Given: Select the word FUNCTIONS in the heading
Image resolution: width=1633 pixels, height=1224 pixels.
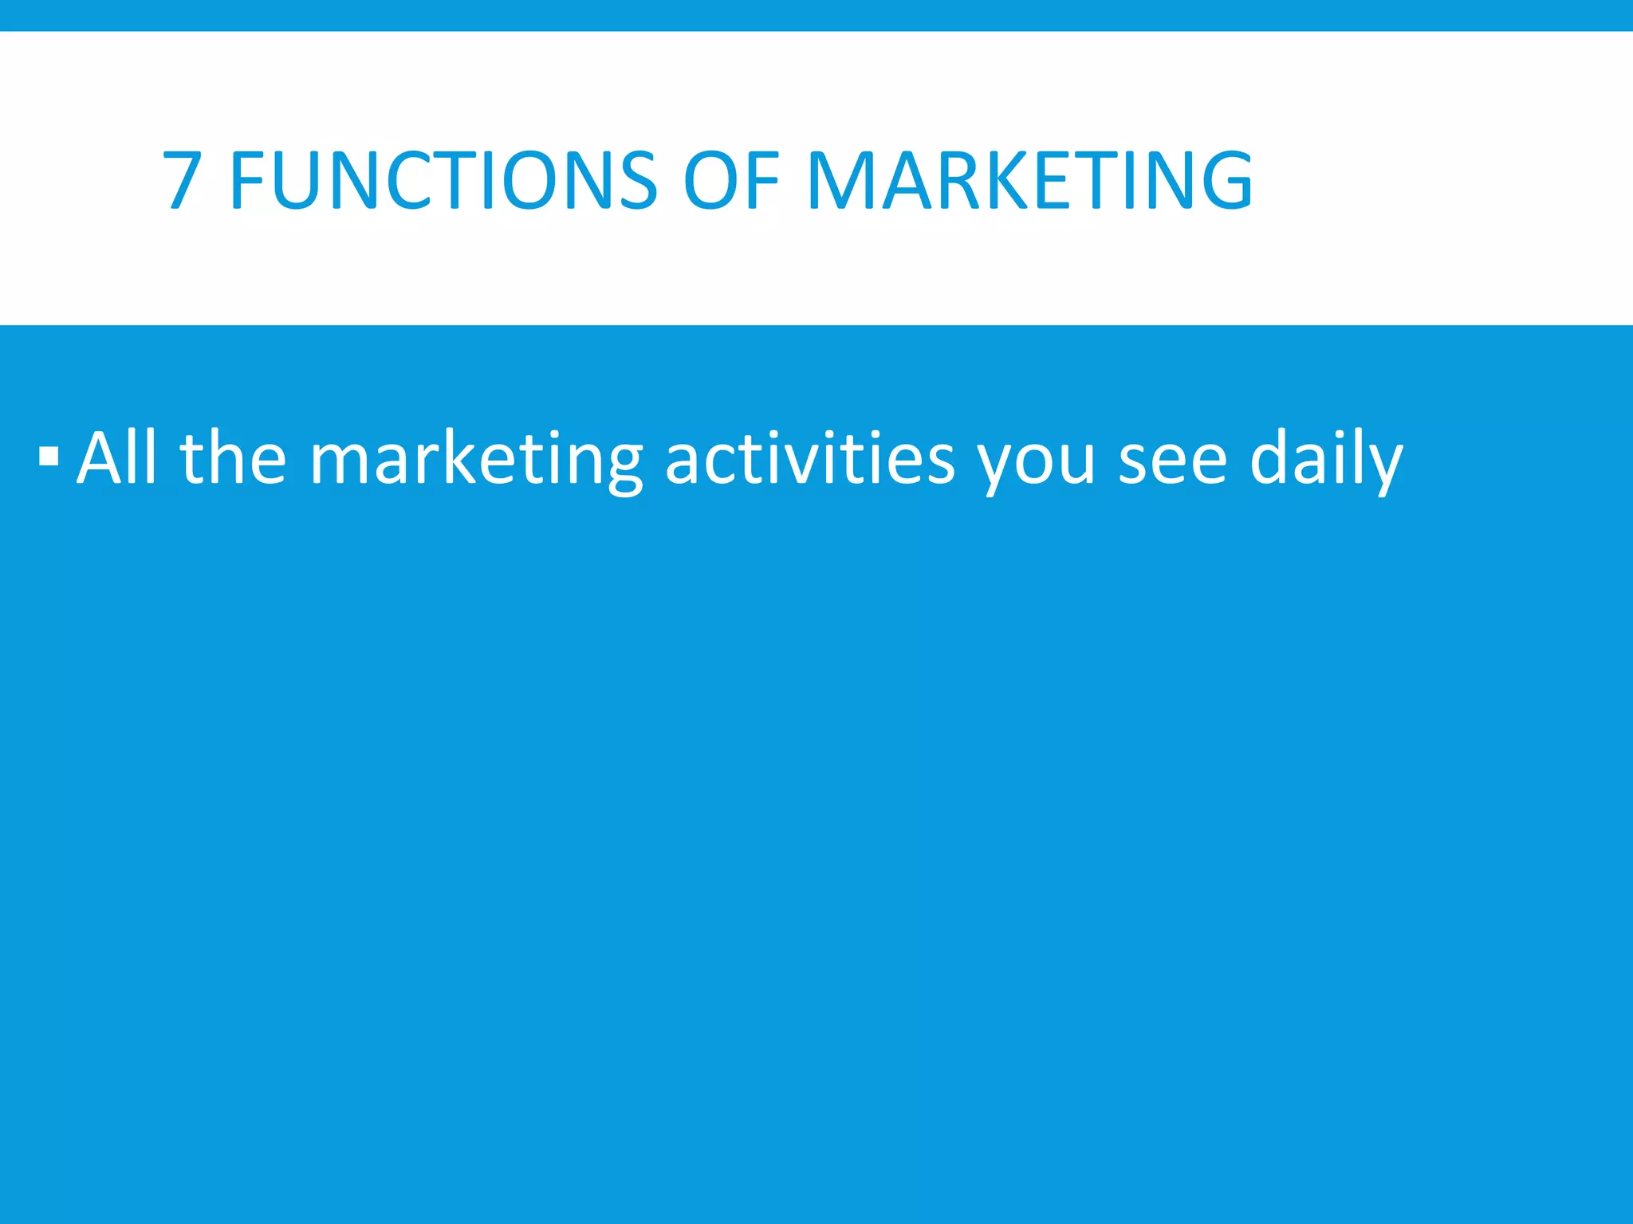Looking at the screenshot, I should click(x=443, y=181).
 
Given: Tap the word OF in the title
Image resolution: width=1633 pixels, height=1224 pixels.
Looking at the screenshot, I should click(x=731, y=181).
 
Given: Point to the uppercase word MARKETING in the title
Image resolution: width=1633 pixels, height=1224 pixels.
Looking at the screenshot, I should click(x=1029, y=181).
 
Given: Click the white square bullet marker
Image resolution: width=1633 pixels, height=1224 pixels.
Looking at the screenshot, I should click(x=48, y=457).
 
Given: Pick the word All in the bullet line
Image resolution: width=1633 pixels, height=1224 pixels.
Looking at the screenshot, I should click(x=117, y=458).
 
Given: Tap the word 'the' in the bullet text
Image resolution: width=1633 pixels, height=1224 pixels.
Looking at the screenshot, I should click(x=233, y=458).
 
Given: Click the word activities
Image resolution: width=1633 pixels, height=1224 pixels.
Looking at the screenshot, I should click(x=809, y=458).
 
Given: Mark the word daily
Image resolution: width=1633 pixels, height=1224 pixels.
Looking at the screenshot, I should click(x=1326, y=461).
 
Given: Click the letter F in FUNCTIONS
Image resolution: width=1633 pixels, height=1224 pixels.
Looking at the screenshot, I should click(x=248, y=181).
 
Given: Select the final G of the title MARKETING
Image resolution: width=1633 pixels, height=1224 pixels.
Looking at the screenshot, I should click(x=1223, y=181).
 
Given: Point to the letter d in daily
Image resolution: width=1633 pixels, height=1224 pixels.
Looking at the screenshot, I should click(x=1270, y=458).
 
